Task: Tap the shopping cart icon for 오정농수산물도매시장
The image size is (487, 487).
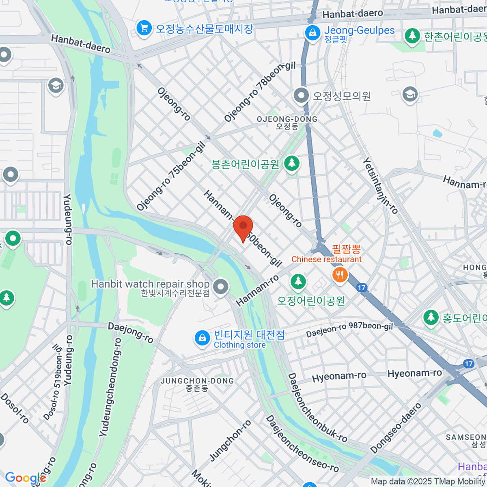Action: (144, 29)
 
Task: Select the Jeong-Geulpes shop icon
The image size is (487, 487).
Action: (312, 32)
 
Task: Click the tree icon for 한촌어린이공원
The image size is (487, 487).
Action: (412, 36)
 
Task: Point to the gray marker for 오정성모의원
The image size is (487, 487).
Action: (301, 96)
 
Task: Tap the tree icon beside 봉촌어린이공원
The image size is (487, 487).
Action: (291, 164)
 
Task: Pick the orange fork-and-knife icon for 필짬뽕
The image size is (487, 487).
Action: (340, 275)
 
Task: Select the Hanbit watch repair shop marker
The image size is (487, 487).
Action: (221, 287)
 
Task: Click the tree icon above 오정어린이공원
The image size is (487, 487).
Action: (298, 281)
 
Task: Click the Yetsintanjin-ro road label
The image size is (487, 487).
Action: (380, 185)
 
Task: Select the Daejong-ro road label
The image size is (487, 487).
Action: (130, 333)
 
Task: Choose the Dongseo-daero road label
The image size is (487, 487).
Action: (396, 428)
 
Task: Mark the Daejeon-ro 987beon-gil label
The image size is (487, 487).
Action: (349, 330)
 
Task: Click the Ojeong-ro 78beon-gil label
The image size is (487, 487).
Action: (260, 92)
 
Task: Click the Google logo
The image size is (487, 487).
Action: (25, 478)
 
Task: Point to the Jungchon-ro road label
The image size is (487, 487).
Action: (230, 441)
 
